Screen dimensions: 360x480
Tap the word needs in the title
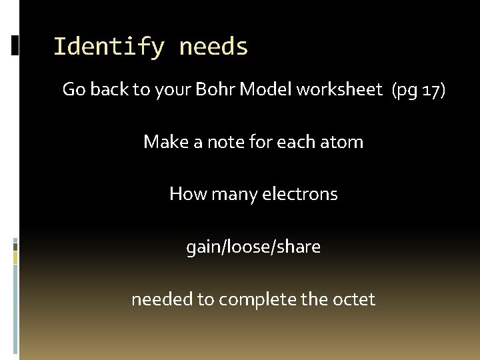coord(213,47)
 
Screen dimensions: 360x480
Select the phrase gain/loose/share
coord(253,247)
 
